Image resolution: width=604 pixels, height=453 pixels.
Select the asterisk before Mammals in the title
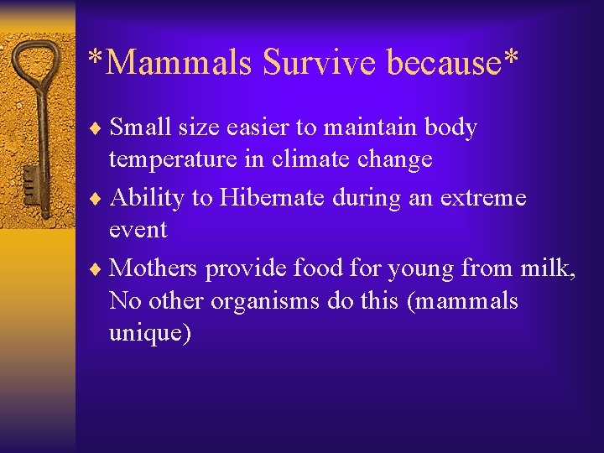[96, 59]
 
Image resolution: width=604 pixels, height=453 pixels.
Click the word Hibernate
[269, 198]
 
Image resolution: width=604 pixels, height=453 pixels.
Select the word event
[138, 230]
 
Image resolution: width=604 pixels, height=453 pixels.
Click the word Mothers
[154, 268]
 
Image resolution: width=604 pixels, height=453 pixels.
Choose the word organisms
[265, 301]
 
